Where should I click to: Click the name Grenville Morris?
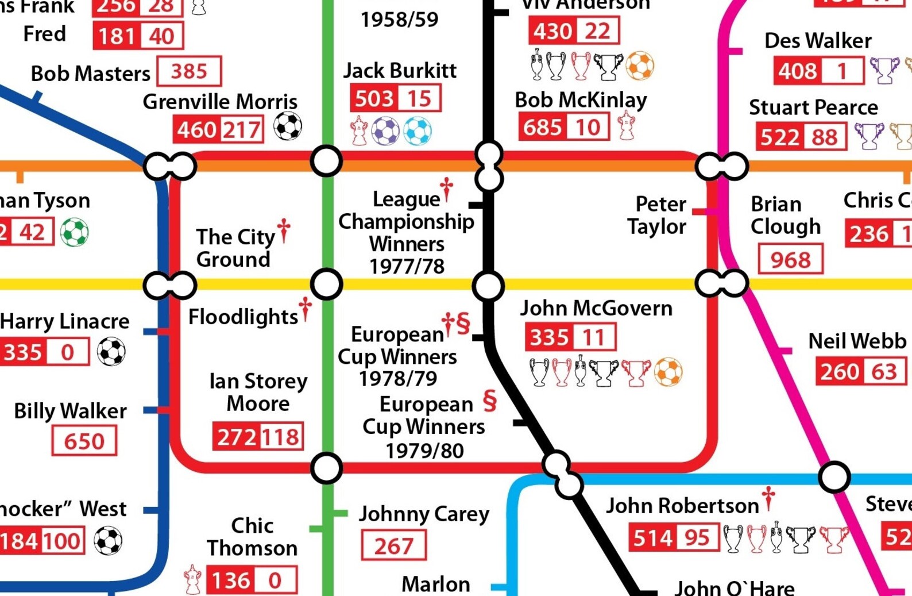point(220,102)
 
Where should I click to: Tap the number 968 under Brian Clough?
point(790,260)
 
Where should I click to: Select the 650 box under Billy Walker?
point(84,441)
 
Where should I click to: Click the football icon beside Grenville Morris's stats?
point(288,126)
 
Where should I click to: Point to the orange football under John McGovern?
point(668,372)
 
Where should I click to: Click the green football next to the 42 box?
point(75,232)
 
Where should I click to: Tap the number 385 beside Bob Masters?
point(189,71)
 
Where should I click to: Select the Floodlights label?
point(243,317)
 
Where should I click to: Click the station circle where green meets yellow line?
point(326,284)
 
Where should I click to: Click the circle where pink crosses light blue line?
point(834,477)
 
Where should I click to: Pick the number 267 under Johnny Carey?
point(394,546)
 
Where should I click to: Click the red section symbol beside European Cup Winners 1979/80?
point(489,401)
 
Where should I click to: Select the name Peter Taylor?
point(658,215)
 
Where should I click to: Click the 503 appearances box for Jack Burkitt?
point(374,98)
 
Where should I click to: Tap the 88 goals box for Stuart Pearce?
point(824,137)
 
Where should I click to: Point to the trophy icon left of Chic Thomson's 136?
point(192,579)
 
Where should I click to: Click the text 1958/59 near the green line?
point(400,20)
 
